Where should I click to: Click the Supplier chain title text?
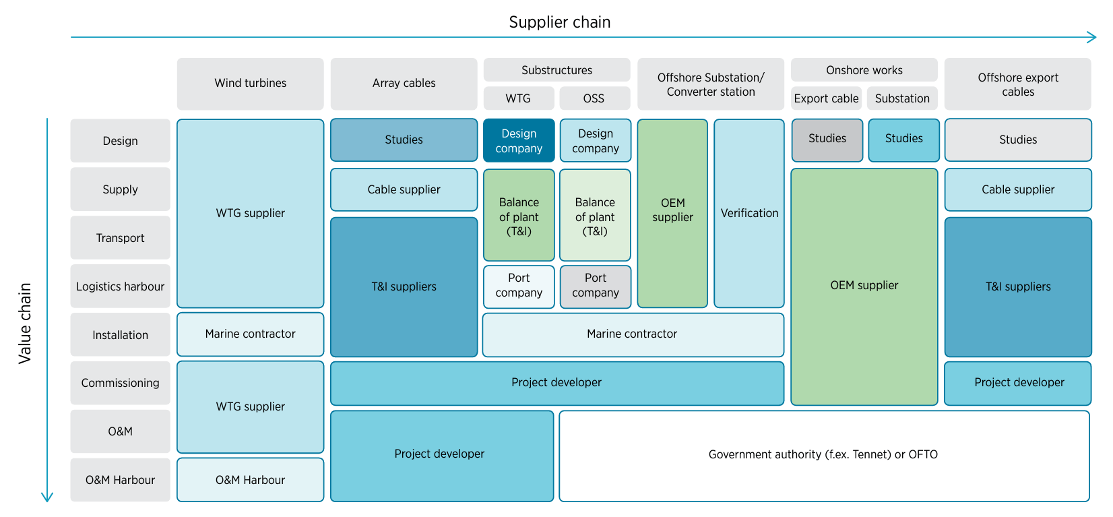tap(559, 22)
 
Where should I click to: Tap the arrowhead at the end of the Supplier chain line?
tap(1092, 37)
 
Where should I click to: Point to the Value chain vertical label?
tap(25, 324)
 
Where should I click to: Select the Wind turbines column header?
tap(250, 84)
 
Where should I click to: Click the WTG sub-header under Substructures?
tap(518, 98)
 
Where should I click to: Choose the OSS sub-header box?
tap(594, 98)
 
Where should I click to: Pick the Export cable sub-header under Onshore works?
tap(826, 98)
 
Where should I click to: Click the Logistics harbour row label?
tap(120, 286)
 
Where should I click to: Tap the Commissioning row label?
tap(120, 383)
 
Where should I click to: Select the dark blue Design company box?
tap(519, 141)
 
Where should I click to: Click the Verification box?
tap(749, 213)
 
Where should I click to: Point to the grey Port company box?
tap(596, 286)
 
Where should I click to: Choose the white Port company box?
tap(519, 286)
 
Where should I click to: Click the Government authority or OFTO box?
tap(823, 455)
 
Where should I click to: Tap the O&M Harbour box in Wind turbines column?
tap(250, 480)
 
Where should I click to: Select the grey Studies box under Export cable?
tap(827, 140)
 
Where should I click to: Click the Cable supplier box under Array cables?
tap(404, 189)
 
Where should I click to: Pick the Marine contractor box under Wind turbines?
tap(250, 334)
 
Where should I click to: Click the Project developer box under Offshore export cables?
tap(1018, 383)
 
